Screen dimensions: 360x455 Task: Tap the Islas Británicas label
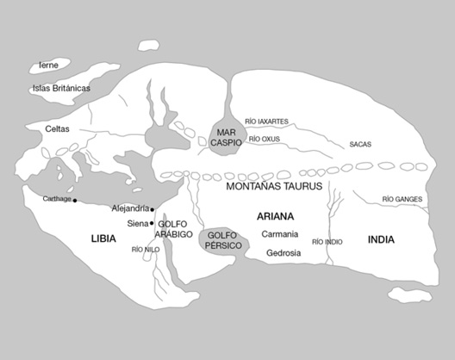pos(61,88)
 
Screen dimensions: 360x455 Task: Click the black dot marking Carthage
pos(75,201)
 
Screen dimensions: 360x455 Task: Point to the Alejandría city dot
pos(153,209)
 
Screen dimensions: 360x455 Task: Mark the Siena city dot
pos(153,223)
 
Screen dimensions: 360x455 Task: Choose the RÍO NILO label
pos(146,250)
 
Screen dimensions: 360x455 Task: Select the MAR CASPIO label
pos(228,137)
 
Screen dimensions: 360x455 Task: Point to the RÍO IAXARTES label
pos(267,121)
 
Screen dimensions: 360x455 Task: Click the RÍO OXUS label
pos(265,138)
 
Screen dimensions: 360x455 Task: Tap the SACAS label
pos(360,144)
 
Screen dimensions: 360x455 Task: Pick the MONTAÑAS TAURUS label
pos(274,186)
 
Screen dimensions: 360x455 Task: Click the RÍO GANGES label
pos(402,200)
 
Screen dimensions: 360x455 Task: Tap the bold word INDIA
pos(381,239)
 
